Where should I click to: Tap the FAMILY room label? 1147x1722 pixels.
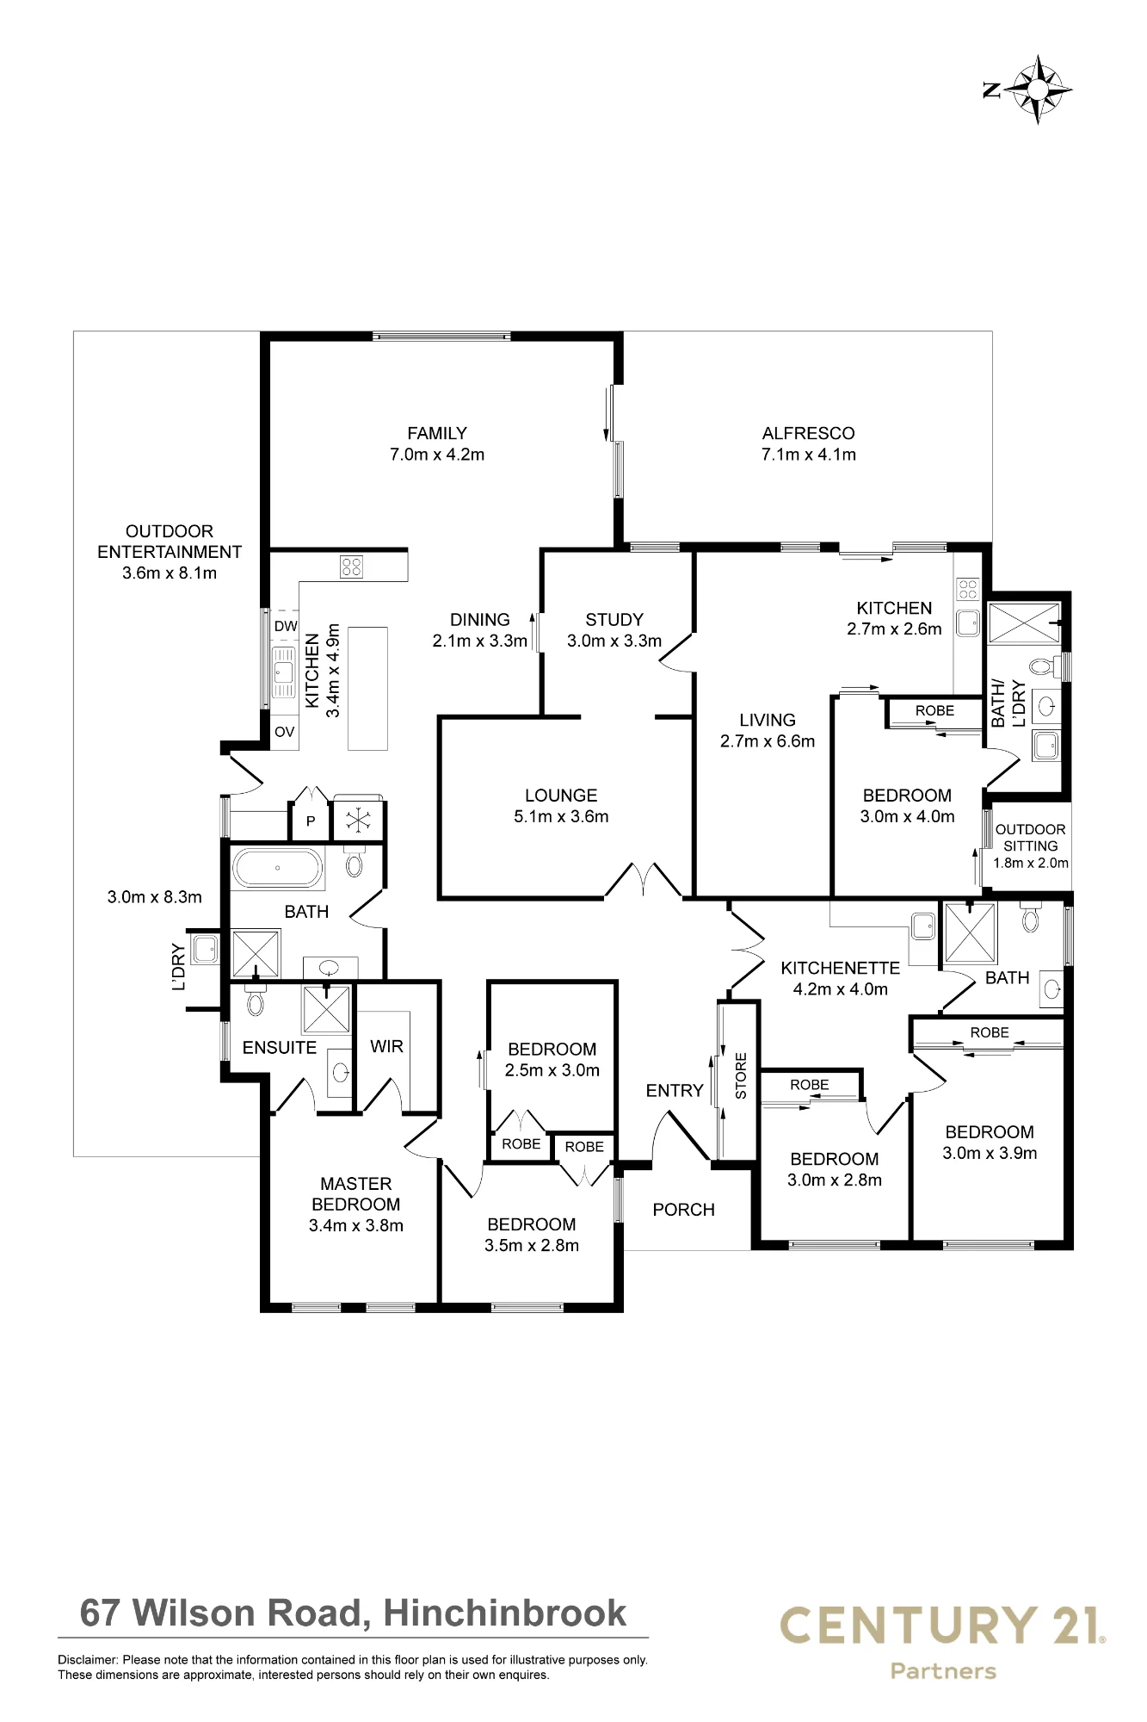[x=437, y=433]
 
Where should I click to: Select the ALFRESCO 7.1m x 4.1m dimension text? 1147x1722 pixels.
[x=809, y=455]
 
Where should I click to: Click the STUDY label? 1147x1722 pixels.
[x=614, y=619]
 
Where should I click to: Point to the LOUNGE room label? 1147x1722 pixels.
[x=561, y=796]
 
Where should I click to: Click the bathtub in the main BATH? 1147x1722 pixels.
[x=279, y=870]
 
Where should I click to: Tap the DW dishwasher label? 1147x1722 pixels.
[x=286, y=626]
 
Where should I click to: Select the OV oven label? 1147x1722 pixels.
[x=285, y=732]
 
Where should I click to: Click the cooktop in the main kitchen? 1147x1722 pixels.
[x=352, y=566]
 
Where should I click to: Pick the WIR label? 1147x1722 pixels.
[x=386, y=1046]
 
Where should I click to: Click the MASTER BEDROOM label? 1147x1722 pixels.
[x=356, y=1194]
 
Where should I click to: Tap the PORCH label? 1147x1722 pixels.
[x=684, y=1210]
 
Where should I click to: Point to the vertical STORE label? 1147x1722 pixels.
[x=741, y=1075]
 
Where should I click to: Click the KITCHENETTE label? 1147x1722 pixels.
[x=841, y=969]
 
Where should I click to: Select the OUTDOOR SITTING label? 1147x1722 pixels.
[x=1031, y=838]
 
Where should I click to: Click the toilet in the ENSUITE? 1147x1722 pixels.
[x=255, y=1001]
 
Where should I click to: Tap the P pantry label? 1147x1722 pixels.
[x=311, y=821]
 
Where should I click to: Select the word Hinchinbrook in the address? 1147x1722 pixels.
[x=505, y=1613]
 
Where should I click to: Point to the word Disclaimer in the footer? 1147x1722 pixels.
[x=88, y=1660]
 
